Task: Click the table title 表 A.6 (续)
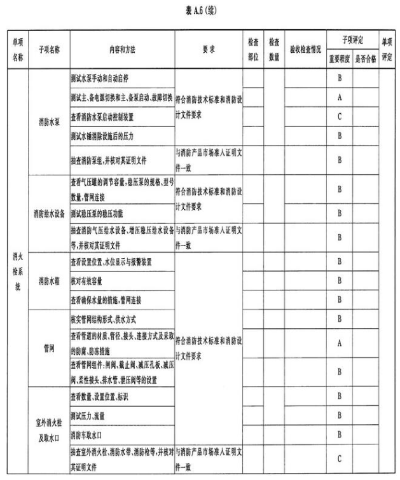coord(200,10)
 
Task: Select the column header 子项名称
coord(49,49)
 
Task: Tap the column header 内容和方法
coord(121,49)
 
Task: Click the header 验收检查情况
coord(305,49)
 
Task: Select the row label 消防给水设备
coord(49,213)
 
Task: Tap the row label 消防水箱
coord(49,280)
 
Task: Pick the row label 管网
coord(49,348)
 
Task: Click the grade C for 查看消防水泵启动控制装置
coord(340,117)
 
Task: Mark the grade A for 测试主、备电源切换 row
coord(340,98)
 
